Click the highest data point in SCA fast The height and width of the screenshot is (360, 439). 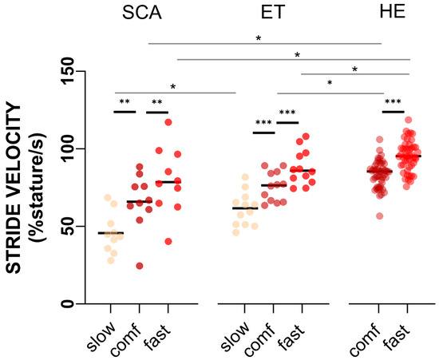[x=168, y=122]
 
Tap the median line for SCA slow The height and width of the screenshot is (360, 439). [x=112, y=233]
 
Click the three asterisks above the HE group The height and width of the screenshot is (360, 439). [x=393, y=102]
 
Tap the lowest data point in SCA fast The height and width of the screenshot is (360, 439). [x=168, y=241]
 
